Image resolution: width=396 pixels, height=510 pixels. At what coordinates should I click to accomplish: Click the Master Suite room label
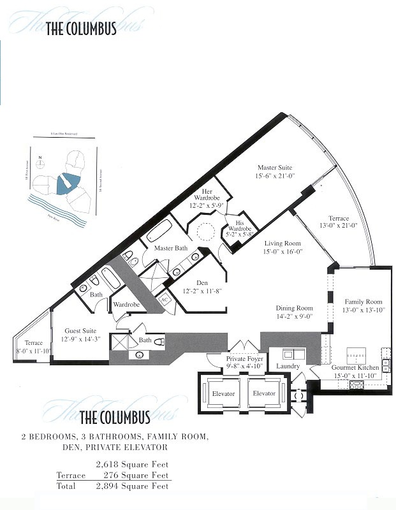point(275,168)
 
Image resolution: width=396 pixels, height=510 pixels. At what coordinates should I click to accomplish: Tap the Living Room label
point(282,243)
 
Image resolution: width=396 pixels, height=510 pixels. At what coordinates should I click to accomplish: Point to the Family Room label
point(363,302)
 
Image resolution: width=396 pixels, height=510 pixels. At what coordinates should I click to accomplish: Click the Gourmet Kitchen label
point(355,368)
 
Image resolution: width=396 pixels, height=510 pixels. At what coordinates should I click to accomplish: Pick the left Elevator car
point(223,393)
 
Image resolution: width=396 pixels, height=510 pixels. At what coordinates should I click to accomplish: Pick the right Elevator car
point(264,393)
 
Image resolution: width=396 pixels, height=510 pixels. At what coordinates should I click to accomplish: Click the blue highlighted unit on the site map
point(66,184)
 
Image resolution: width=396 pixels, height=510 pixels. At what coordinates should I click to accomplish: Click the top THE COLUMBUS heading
point(81,29)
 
